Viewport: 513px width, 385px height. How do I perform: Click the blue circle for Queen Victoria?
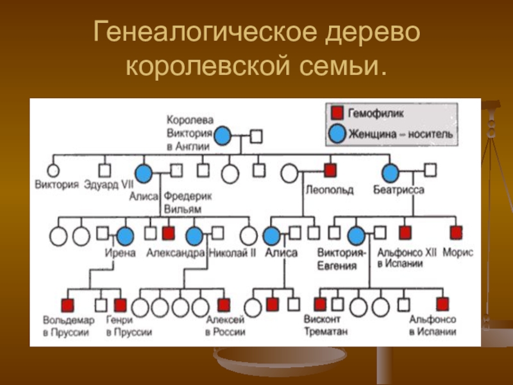tap(222, 136)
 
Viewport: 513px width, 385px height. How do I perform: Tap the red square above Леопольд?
tap(330, 171)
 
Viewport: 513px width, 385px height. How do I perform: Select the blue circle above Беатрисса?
tap(391, 172)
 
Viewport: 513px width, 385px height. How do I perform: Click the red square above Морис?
tap(456, 232)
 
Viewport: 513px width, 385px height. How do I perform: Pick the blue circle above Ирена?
tap(125, 236)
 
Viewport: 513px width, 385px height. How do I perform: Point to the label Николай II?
tap(233, 253)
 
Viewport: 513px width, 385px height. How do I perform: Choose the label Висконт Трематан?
tap(328, 325)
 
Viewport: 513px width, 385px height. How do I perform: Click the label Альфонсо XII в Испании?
tap(406, 258)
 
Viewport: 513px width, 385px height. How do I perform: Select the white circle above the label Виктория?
tap(53, 170)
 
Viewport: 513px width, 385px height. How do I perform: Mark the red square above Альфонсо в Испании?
tap(442, 304)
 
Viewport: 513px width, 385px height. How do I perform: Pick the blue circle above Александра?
tap(194, 236)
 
